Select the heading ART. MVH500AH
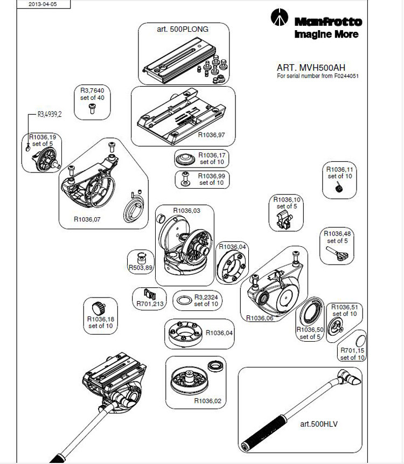[311, 68]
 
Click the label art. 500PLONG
[183, 29]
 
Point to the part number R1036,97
[211, 135]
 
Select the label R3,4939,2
[50, 114]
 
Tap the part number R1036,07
[87, 219]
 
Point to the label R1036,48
[337, 233]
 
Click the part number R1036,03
[186, 211]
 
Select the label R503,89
[141, 267]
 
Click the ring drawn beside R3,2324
[184, 300]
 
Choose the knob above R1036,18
[99, 308]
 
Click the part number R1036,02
[208, 400]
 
